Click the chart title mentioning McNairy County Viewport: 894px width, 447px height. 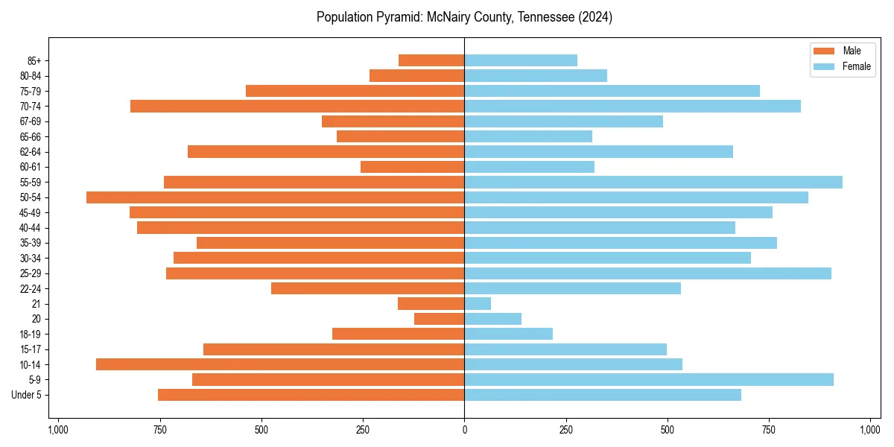(x=464, y=17)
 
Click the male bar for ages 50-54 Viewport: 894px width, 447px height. (x=276, y=197)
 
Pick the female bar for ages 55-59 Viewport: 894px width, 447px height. (x=653, y=182)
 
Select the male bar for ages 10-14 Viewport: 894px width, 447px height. (x=280, y=364)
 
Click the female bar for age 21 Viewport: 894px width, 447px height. (x=478, y=303)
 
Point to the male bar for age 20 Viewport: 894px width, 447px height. (x=440, y=319)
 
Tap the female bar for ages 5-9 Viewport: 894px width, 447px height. (x=649, y=379)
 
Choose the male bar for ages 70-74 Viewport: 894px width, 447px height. (x=297, y=106)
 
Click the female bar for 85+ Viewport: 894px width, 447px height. (x=521, y=60)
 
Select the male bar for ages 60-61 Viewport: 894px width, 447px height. (x=413, y=167)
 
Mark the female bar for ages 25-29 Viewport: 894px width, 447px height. (x=647, y=273)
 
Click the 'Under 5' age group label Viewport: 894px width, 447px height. (x=27, y=395)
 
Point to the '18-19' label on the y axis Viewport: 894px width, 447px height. (x=31, y=334)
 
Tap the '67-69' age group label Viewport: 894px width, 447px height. (x=31, y=121)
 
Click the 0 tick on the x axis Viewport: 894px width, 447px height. (x=464, y=430)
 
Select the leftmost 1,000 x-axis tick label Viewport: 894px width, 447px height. (x=58, y=430)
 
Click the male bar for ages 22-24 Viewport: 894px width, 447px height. (x=368, y=288)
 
